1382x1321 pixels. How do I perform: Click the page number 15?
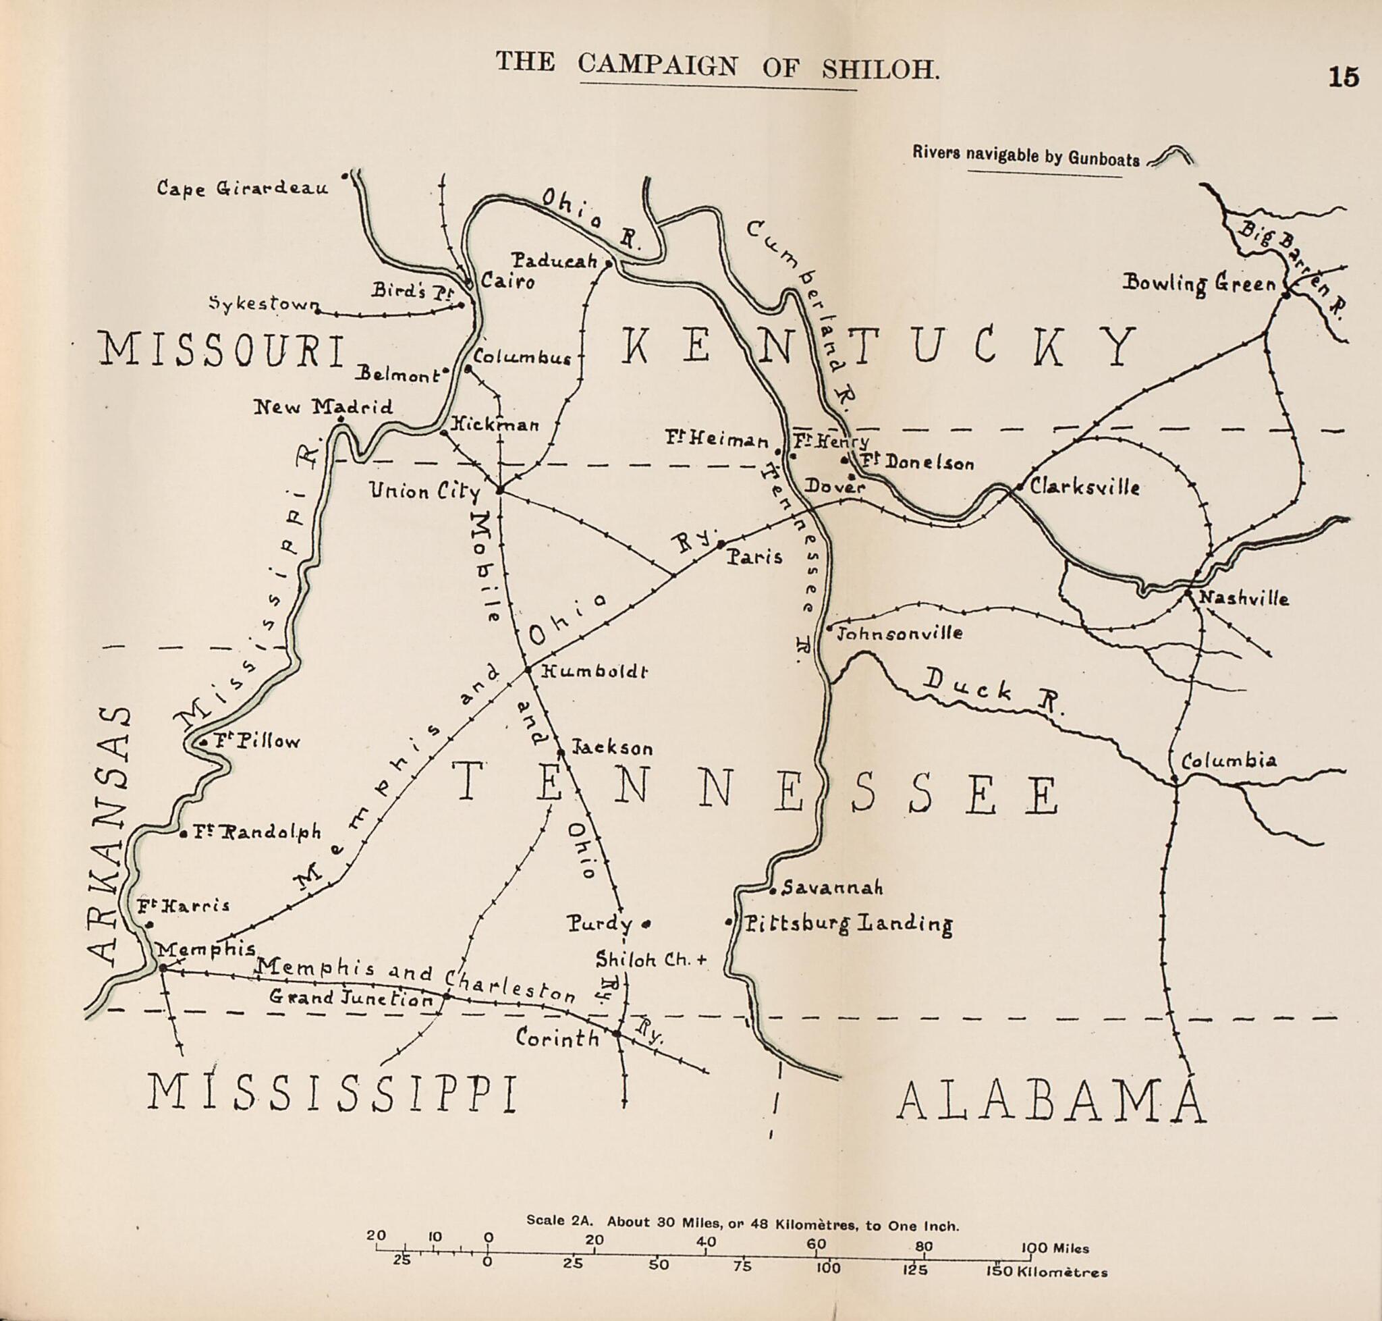[1344, 77]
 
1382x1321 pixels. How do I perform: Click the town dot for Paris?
[720, 544]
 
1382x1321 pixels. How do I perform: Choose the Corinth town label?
[557, 1037]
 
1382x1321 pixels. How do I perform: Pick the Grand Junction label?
[351, 998]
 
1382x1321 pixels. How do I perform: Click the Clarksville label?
[1084, 487]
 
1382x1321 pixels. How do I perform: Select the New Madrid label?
[323, 406]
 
